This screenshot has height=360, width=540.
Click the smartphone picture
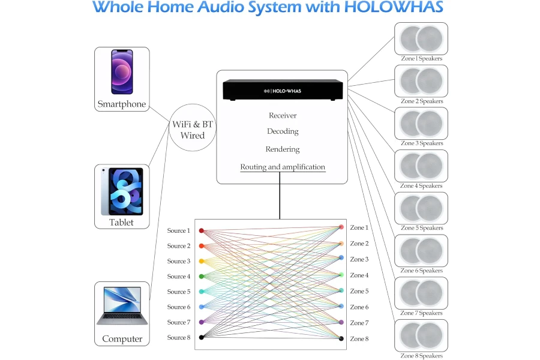click(x=122, y=72)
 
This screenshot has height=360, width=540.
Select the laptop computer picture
click(x=122, y=305)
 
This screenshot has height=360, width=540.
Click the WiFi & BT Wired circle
click(x=193, y=130)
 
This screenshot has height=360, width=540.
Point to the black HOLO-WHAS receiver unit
click(x=283, y=90)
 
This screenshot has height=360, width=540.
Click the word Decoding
click(x=283, y=131)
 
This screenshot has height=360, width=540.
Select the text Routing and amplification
click(x=283, y=167)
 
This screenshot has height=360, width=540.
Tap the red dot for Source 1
click(x=202, y=230)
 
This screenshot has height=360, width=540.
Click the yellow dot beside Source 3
click(x=202, y=262)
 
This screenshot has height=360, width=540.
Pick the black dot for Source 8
click(x=202, y=338)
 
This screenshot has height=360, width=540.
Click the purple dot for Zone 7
click(x=341, y=323)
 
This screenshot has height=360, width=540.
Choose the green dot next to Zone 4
click(x=341, y=275)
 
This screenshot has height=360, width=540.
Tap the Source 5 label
click(x=178, y=292)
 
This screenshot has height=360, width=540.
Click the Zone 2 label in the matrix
click(x=359, y=244)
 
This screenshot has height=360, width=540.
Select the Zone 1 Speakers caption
click(x=421, y=59)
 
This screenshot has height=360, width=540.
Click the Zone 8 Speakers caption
click(x=421, y=356)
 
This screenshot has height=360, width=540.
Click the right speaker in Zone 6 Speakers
click(x=430, y=251)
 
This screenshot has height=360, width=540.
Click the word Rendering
click(x=283, y=149)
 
